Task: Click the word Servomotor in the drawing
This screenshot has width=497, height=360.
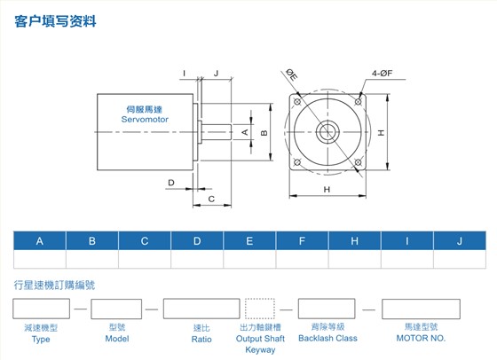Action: [145, 120]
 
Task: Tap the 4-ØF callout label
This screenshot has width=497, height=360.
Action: [382, 74]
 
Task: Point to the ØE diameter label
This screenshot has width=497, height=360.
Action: [292, 75]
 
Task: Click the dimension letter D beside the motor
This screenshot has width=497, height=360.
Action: [171, 183]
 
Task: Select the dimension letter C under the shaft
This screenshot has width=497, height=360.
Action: [211, 199]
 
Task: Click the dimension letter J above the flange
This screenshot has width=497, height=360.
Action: [217, 73]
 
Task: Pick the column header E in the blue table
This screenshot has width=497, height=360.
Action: [249, 241]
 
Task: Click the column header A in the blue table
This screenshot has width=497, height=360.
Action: [40, 241]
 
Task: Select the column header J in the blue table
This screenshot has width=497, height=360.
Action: [460, 241]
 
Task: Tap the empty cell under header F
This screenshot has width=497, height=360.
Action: [302, 259]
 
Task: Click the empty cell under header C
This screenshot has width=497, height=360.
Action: [145, 259]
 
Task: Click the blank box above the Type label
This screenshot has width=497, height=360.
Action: [41, 309]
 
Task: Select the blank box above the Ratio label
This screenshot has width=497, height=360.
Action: [201, 309]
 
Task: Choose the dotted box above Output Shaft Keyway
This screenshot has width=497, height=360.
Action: [260, 309]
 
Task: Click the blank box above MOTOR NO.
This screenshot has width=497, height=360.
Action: [421, 309]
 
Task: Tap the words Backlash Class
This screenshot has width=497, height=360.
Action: [327, 338]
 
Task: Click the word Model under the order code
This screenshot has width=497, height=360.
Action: [117, 339]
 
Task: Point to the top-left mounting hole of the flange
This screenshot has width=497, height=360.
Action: [297, 102]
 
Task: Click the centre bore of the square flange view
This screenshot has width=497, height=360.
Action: [327, 132]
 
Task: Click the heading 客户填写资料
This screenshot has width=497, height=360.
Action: [55, 21]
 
